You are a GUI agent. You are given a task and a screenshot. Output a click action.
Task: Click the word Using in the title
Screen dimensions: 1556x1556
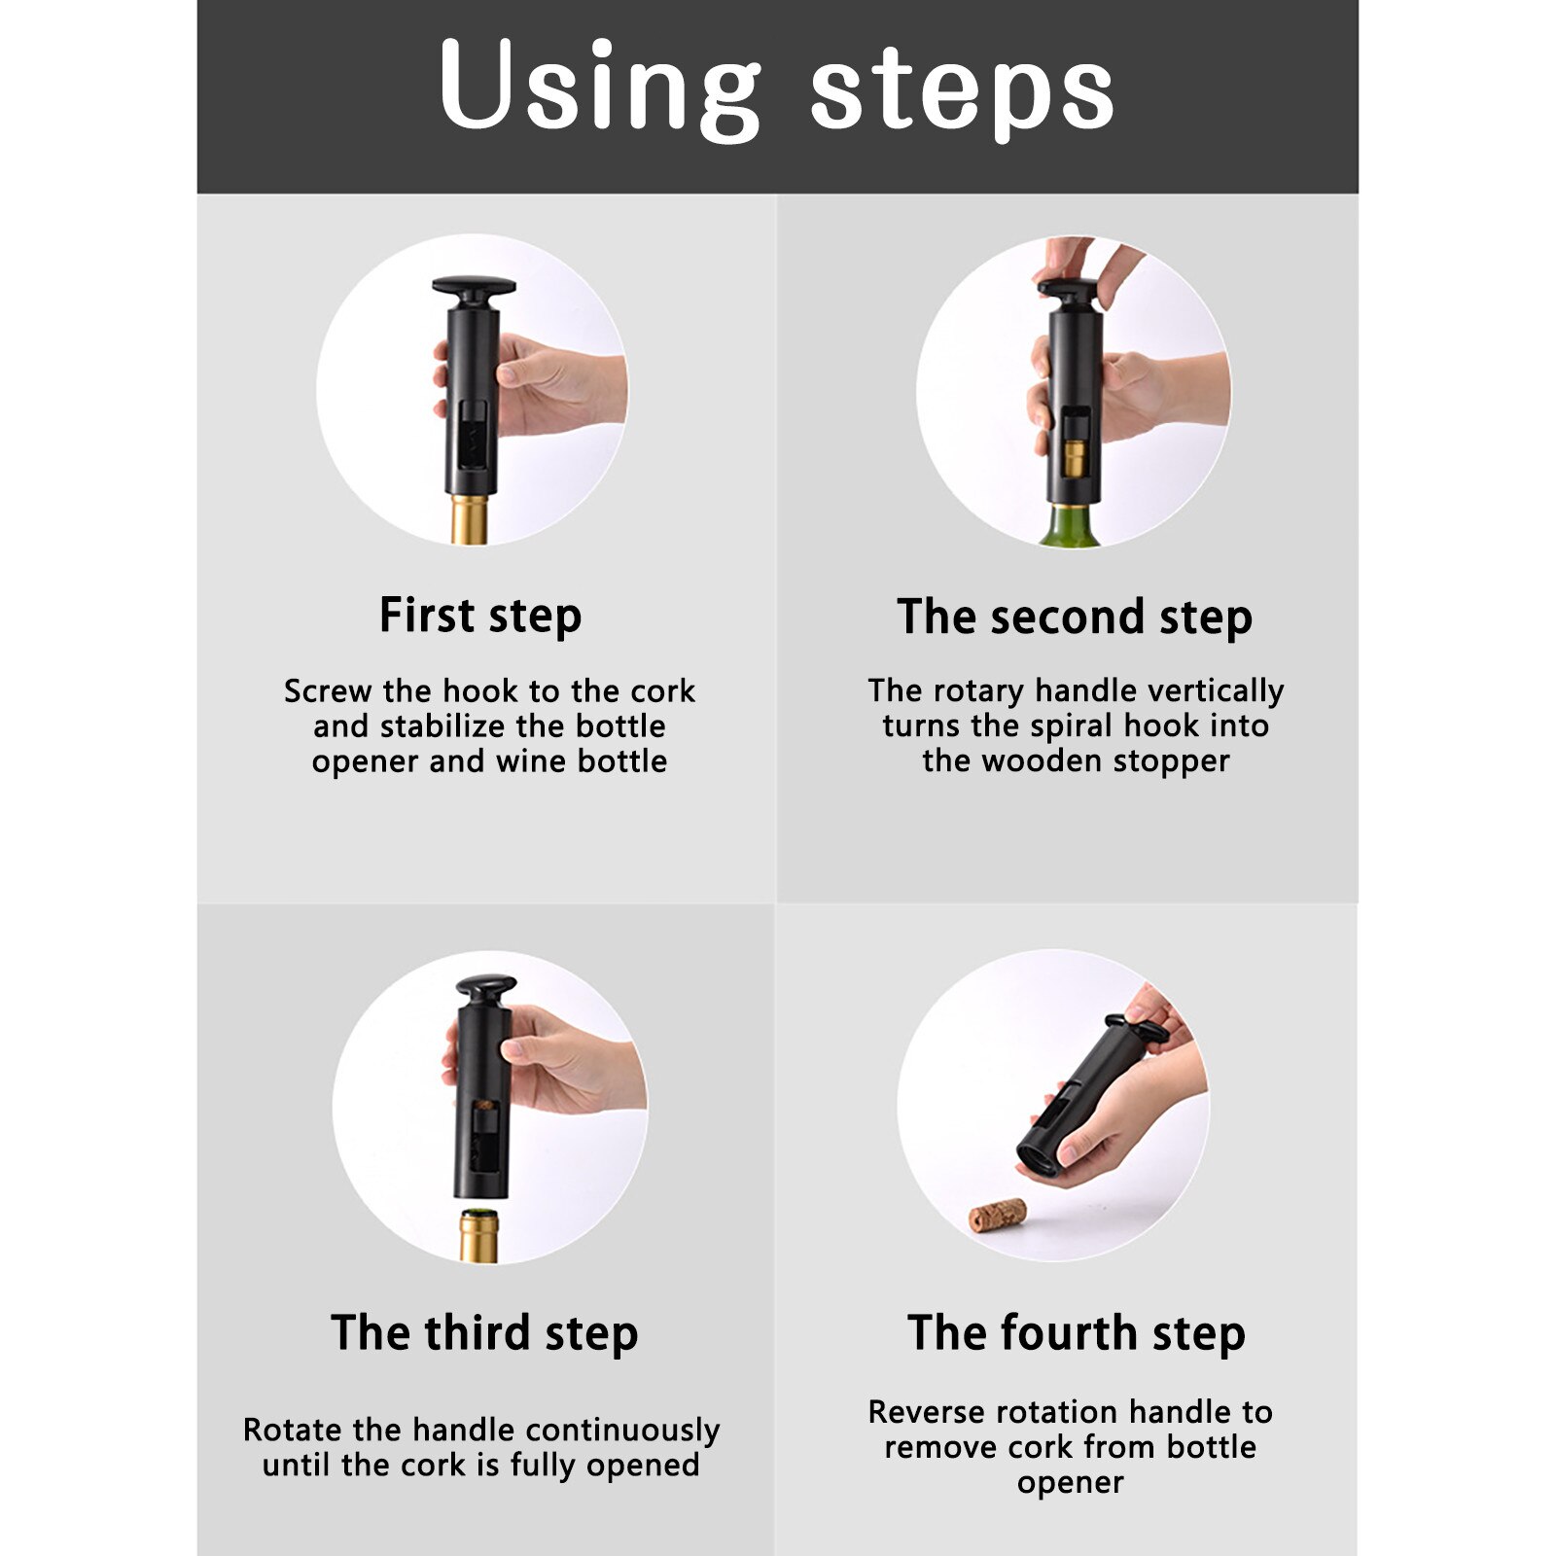(x=598, y=88)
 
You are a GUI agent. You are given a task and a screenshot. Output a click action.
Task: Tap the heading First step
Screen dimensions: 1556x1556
(x=480, y=616)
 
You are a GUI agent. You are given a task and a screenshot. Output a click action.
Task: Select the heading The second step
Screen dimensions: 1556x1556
(x=1074, y=618)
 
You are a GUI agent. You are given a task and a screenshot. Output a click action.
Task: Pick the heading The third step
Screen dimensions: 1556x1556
(x=484, y=1332)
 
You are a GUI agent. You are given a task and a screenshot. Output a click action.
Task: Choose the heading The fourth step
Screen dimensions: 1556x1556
(x=1076, y=1332)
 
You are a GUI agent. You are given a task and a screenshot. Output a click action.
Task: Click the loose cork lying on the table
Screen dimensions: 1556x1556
(x=998, y=1215)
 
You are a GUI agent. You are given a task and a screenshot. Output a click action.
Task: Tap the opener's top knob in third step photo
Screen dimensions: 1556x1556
(x=485, y=988)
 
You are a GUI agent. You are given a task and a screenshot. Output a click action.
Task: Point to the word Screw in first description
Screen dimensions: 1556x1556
(x=328, y=691)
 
